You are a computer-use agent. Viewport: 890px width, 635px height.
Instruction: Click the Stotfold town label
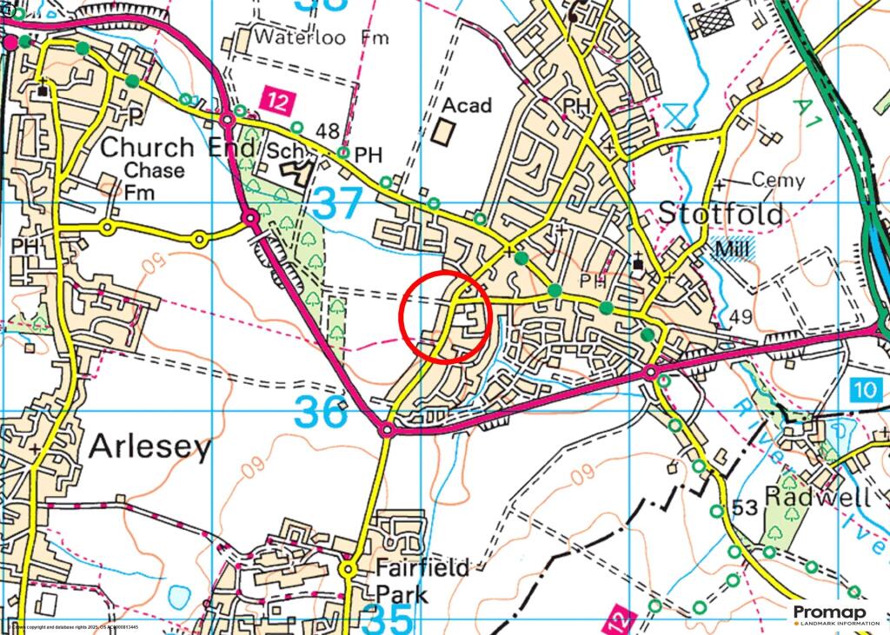721,214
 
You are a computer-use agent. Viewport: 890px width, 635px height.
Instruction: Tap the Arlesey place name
150,448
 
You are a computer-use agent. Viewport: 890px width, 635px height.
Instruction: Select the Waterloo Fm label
322,38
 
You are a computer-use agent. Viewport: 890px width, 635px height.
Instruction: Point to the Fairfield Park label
422,581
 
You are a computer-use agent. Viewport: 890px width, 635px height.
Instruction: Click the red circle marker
447,316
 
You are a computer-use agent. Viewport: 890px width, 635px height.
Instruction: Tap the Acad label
467,106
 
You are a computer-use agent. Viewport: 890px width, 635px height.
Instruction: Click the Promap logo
835,615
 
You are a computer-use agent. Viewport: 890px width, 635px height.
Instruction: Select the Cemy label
778,181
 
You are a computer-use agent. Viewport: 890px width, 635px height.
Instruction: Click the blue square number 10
866,390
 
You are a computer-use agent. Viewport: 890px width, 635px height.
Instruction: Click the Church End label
177,148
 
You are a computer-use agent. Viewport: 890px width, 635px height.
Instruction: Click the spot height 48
328,132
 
